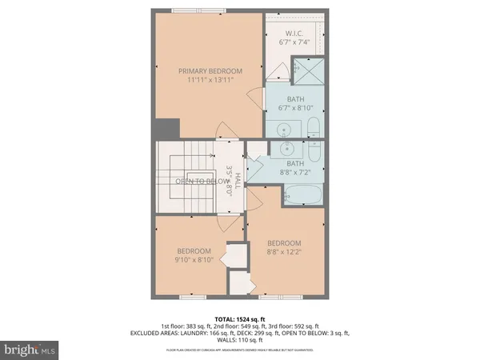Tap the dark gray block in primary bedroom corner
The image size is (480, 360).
(168, 128)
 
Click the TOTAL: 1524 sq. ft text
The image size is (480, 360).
(240, 318)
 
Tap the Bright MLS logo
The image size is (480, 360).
(30, 350)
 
